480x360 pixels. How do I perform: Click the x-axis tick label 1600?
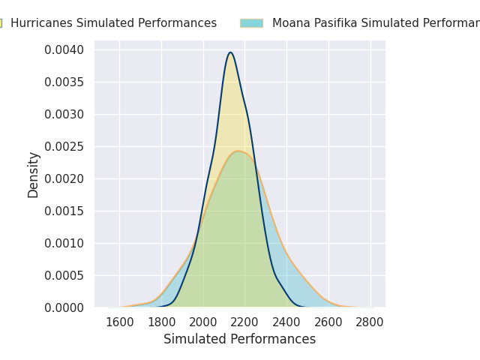[119, 322]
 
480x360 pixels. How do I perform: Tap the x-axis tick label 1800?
[161, 322]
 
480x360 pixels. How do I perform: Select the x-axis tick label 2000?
[202, 322]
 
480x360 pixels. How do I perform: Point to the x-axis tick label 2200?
[244, 322]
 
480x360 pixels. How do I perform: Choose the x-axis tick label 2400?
[286, 322]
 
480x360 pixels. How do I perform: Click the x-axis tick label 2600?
[328, 322]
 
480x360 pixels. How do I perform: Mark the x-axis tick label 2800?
[369, 322]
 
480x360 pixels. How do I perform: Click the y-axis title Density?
[34, 175]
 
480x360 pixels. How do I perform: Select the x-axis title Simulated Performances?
[240, 340]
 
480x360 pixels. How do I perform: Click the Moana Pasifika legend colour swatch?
[251, 23]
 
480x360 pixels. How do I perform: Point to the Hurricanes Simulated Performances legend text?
[113, 23]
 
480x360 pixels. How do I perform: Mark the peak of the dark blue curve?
[230, 52]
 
